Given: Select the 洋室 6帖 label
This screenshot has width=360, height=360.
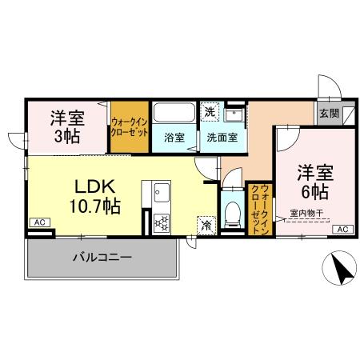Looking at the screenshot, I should tap(316, 182).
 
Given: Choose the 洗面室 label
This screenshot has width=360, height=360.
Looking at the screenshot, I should tap(222, 137).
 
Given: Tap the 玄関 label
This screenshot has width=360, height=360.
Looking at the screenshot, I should tap(329, 114).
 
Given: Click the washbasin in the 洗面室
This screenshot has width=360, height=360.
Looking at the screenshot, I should tap(234, 113).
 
